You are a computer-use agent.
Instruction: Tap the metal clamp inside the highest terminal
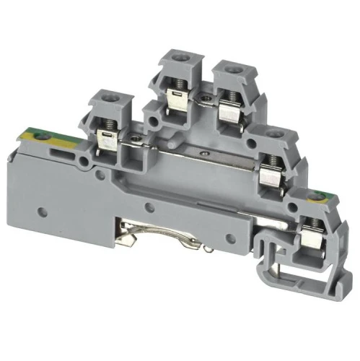(x=175, y=100)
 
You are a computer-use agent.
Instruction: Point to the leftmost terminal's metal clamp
(x=106, y=142)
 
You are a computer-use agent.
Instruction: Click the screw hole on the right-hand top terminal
(x=232, y=69)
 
